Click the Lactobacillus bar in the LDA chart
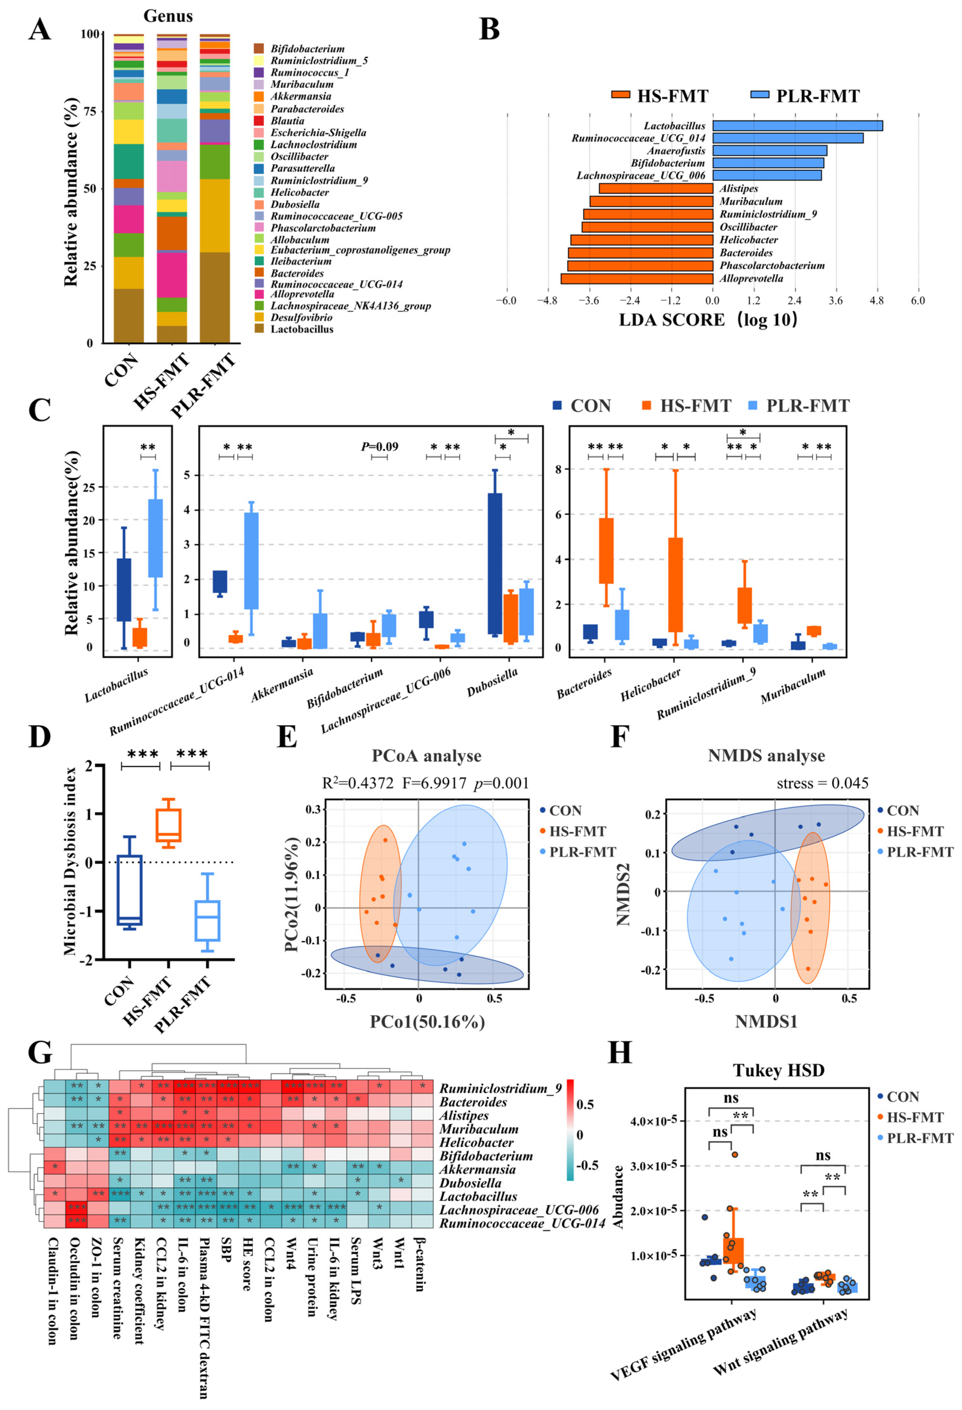(797, 126)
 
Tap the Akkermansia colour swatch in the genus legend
(258, 97)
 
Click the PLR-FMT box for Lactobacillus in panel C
(156, 538)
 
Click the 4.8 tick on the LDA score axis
(876, 300)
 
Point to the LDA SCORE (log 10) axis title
(708, 320)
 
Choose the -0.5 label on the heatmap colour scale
(587, 1165)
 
